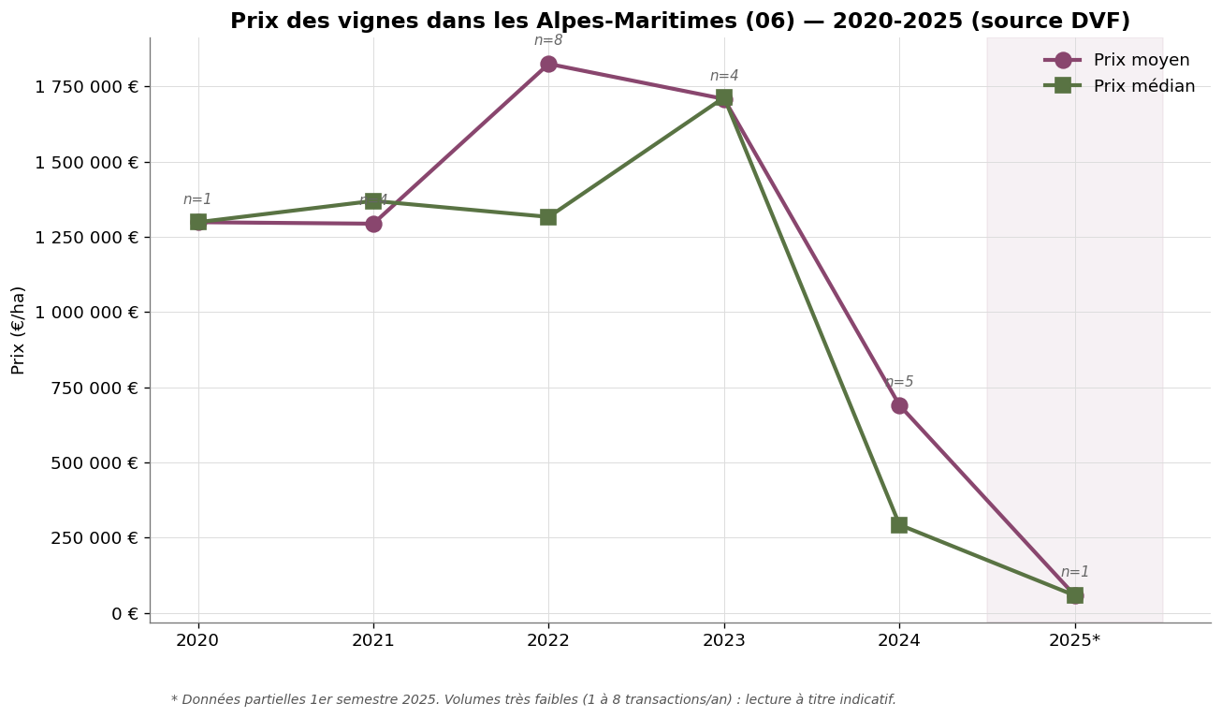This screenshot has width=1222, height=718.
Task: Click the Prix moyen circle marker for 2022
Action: (548, 64)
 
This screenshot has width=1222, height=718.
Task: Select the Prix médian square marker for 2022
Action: (548, 217)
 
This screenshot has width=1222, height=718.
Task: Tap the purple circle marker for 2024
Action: (899, 405)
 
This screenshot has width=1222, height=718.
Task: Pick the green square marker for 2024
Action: (899, 524)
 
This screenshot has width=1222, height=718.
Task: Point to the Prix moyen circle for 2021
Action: (373, 224)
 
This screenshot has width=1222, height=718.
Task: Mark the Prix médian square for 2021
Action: (373, 201)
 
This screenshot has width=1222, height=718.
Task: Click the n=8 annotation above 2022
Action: (548, 40)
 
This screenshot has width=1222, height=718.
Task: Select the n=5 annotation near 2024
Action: (899, 382)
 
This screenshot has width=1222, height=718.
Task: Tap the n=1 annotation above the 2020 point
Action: (197, 199)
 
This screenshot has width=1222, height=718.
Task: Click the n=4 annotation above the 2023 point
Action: (724, 76)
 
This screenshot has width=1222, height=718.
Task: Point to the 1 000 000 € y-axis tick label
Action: (86, 313)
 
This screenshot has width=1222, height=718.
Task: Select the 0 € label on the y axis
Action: (124, 614)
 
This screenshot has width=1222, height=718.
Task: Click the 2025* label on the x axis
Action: (1074, 640)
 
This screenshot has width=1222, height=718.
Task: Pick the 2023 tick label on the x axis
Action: (724, 640)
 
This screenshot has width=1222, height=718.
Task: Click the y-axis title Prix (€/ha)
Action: (19, 330)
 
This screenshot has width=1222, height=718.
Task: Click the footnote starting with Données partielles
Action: (533, 699)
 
